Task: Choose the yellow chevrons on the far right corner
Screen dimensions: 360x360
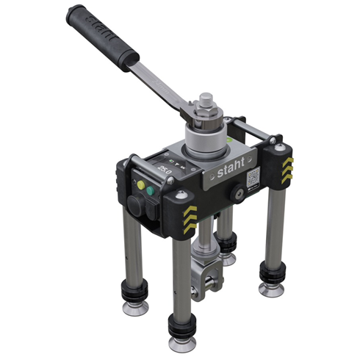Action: coord(287,165)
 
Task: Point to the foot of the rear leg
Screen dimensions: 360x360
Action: coord(228,256)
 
